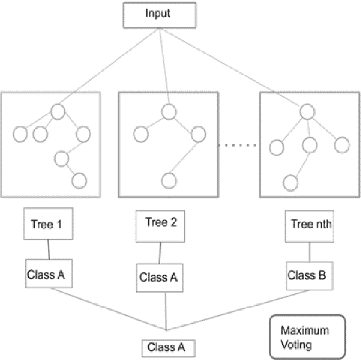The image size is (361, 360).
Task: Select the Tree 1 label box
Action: tap(48, 224)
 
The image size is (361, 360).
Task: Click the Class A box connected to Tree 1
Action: tap(48, 274)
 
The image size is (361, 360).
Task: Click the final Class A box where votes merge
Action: tap(167, 348)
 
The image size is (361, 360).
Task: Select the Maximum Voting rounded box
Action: tap(307, 337)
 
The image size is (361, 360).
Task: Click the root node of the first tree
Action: tap(58, 111)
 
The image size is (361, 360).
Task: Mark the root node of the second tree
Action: tap(169, 111)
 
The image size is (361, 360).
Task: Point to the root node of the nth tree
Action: tap(308, 112)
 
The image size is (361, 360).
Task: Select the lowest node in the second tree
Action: tap(169, 180)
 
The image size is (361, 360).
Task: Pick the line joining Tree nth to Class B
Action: tap(310, 252)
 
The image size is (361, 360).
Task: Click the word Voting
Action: tap(296, 344)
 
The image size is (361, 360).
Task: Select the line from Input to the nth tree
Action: tap(233, 69)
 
